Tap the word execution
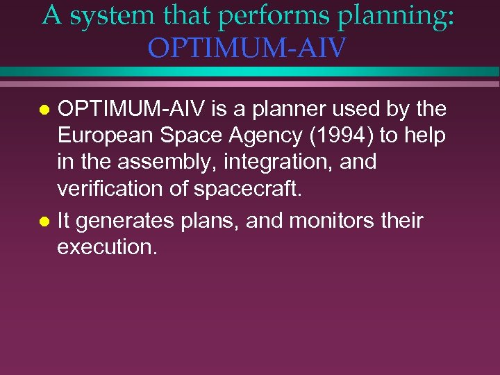click(x=107, y=247)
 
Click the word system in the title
click(x=108, y=16)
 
